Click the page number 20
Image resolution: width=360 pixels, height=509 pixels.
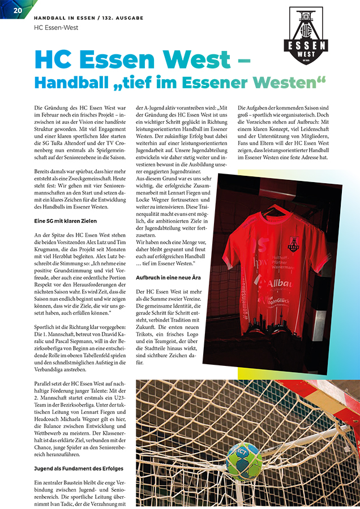click(x=18, y=10)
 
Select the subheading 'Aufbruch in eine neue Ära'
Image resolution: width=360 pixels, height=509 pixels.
click(x=167, y=278)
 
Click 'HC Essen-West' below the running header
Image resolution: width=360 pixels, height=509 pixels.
click(x=56, y=27)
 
